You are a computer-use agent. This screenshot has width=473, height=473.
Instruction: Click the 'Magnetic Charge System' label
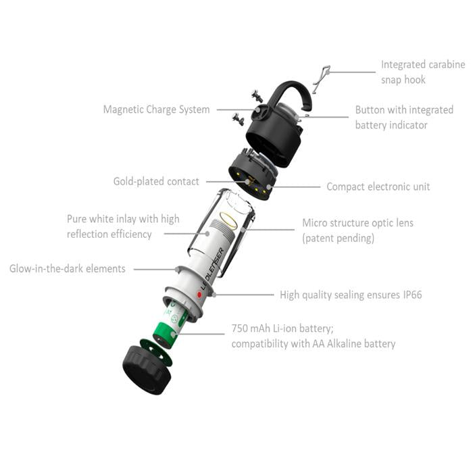click(156, 109)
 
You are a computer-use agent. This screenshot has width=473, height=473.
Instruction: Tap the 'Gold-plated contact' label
click(156, 181)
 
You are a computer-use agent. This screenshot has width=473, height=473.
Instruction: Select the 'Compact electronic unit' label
click(378, 186)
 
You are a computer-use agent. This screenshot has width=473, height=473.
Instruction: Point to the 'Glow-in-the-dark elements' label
click(68, 268)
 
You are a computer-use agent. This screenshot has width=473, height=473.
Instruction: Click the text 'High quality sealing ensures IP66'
click(351, 295)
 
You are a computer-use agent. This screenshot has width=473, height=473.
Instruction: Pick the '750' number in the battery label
click(240, 328)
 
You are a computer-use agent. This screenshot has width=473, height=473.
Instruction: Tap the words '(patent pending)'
click(338, 239)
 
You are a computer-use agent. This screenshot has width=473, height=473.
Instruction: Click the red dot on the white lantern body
click(199, 295)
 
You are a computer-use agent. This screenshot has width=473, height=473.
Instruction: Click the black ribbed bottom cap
click(147, 370)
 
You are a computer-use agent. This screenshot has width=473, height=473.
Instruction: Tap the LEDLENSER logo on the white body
click(213, 268)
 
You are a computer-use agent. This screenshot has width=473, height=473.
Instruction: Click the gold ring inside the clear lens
click(229, 219)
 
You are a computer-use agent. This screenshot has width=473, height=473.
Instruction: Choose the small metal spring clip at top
click(322, 79)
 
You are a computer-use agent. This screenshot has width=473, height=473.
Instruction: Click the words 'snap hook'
click(403, 80)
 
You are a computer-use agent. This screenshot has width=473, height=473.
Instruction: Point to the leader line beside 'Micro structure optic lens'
click(268, 230)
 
